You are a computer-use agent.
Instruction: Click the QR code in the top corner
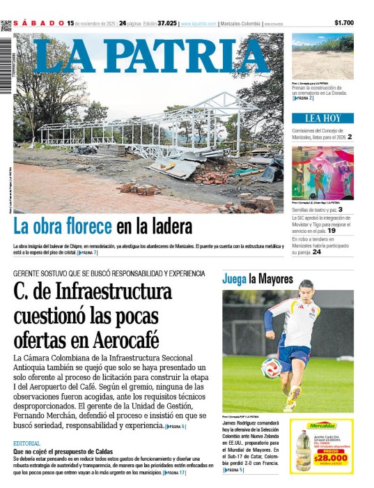coord(6,26)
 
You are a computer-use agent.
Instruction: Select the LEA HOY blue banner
coord(322,119)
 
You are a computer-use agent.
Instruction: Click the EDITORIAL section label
coord(26,443)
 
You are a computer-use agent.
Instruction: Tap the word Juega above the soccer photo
coord(235,280)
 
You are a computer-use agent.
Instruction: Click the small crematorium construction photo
coord(322,56)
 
